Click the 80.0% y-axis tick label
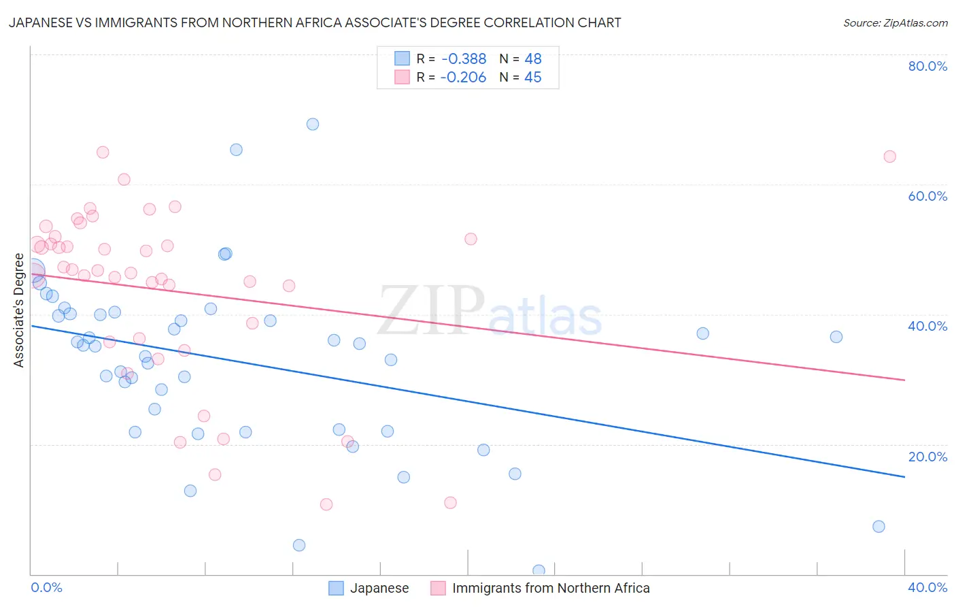click(x=927, y=66)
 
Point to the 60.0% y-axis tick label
click(x=927, y=196)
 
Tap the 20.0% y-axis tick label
click(x=927, y=457)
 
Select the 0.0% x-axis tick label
click(x=46, y=587)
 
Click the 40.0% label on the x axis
click(x=927, y=587)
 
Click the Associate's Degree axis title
click(x=19, y=310)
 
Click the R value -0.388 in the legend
click(x=463, y=59)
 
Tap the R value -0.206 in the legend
click(x=463, y=78)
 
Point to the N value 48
click(x=533, y=59)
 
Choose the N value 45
click(x=533, y=78)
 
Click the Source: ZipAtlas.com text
click(x=895, y=23)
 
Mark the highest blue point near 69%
click(x=313, y=124)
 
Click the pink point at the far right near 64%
click(x=889, y=157)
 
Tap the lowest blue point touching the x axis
click(x=539, y=571)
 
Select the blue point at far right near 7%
click(x=878, y=526)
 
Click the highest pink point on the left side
click(x=103, y=152)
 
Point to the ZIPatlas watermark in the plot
click(x=490, y=312)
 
